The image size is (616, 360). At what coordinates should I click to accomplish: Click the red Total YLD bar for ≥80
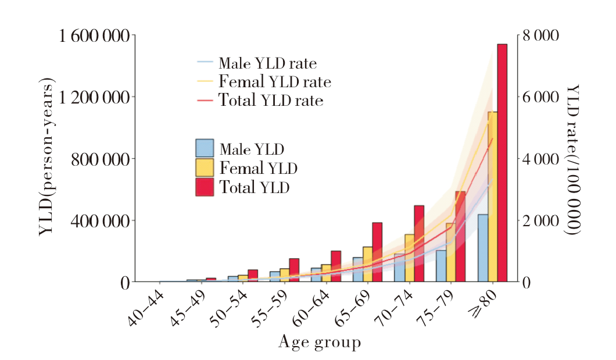(502, 163)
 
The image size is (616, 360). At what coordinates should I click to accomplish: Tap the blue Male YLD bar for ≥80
(483, 248)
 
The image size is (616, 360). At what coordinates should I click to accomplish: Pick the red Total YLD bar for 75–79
(460, 236)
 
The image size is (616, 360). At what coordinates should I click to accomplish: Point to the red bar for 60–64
(335, 266)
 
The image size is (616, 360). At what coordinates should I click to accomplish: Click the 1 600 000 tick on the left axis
(94, 36)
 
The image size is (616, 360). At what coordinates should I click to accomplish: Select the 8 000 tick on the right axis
(540, 36)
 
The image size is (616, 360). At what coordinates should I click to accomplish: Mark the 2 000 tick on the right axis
(540, 221)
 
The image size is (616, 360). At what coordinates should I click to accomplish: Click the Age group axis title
(320, 342)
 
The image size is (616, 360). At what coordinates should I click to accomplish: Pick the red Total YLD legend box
(205, 187)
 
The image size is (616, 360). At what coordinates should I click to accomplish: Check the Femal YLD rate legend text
(274, 81)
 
